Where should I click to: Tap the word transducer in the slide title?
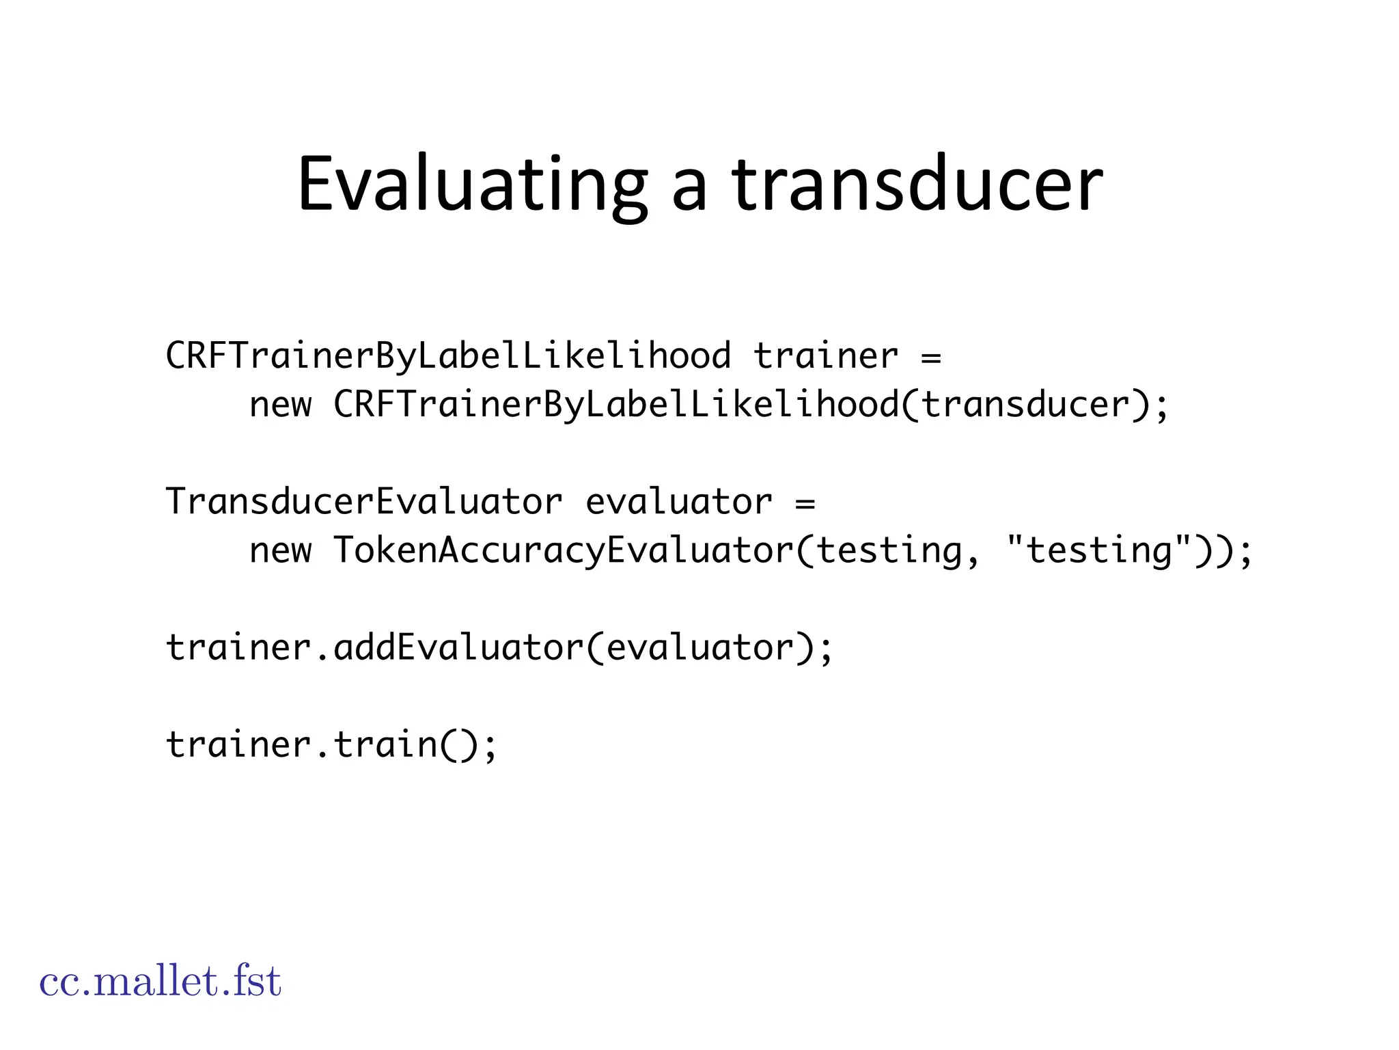click(917, 185)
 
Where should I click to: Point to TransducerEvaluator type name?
click(364, 502)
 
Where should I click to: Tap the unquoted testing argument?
click(889, 550)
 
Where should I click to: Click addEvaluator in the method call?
click(458, 647)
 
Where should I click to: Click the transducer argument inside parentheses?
click(1025, 405)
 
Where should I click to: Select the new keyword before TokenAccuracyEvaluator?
click(280, 551)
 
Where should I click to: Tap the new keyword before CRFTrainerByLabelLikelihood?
click(280, 405)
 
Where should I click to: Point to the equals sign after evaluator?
click(805, 503)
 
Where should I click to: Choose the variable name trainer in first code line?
click(826, 356)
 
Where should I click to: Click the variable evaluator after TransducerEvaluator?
click(679, 502)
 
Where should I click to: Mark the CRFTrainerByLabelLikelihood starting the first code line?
click(448, 356)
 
